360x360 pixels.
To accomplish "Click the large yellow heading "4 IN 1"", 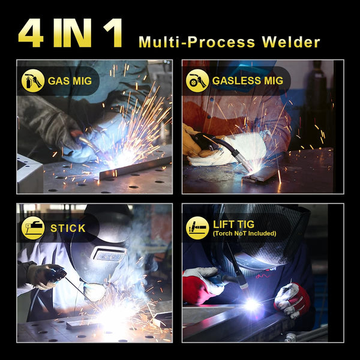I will click(x=70, y=34).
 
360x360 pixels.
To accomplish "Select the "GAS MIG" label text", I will click(x=74, y=81).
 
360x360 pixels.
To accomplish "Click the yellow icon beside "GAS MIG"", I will click(x=33, y=81).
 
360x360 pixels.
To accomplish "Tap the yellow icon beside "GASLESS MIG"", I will click(x=197, y=81).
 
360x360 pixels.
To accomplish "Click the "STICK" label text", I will click(x=68, y=228).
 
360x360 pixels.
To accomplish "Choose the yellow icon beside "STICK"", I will click(x=33, y=228).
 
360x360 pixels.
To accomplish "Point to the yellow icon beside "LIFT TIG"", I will click(x=197, y=228).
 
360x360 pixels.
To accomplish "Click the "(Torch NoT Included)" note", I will click(x=245, y=233).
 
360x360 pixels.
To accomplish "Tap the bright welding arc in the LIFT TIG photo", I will click(x=252, y=305).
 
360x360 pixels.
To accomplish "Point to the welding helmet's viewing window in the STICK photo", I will click(x=108, y=254).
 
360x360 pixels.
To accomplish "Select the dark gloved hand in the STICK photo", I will click(x=45, y=275).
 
